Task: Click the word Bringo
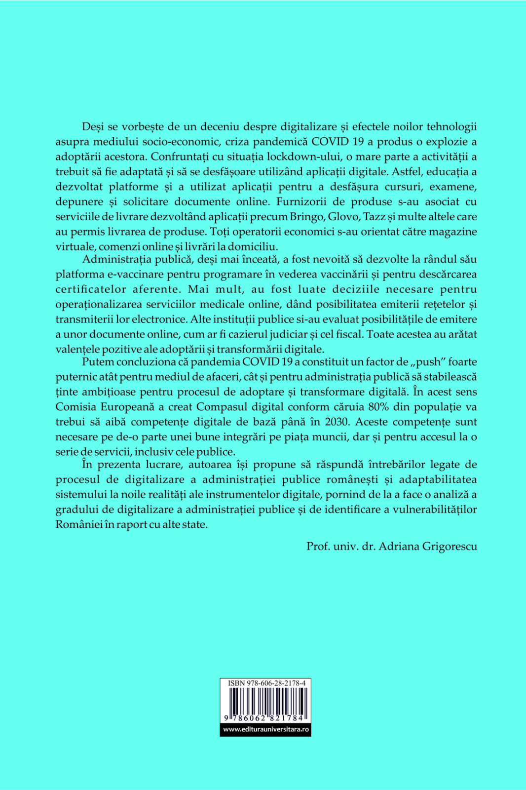pos(307,217)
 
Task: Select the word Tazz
pos(375,217)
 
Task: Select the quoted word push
pos(428,362)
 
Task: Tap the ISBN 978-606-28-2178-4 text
pos(266,683)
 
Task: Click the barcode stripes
pos(265,701)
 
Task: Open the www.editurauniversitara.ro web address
pos(265,729)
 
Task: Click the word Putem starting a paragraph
pos(98,362)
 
